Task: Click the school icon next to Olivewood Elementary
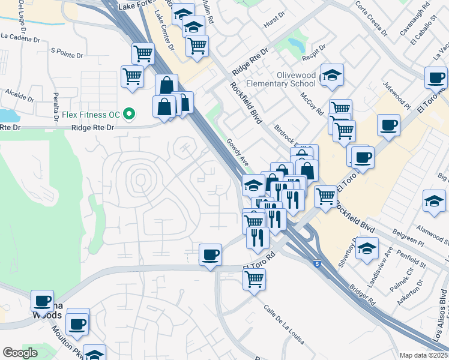tap(332, 76)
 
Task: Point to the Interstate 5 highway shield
tap(316, 263)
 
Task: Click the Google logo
tap(20, 353)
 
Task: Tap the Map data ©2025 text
tap(424, 355)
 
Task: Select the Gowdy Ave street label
tap(238, 152)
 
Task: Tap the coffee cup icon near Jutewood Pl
tap(388, 125)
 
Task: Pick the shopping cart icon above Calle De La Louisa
tap(255, 278)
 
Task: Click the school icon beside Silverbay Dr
tap(366, 248)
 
